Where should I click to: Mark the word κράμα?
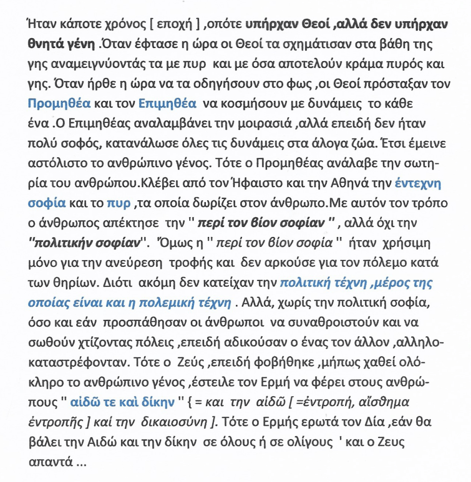pos(348,63)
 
